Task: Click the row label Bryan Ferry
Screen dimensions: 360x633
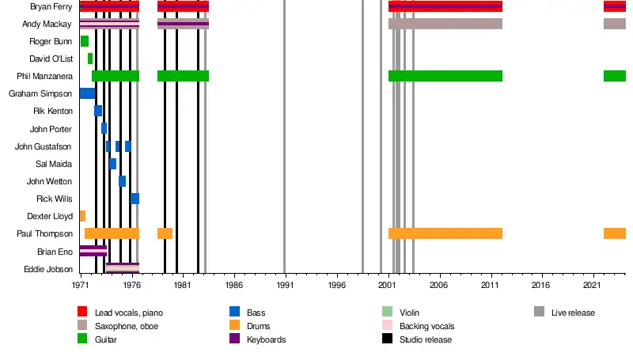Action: point(51,7)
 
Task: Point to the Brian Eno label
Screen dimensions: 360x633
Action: point(55,251)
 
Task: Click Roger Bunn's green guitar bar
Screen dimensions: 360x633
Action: point(85,41)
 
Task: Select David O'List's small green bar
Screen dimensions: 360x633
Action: point(90,59)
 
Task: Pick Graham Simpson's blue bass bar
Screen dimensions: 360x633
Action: point(88,93)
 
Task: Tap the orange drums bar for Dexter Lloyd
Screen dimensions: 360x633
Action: point(82,216)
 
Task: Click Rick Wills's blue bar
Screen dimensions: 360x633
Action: point(135,199)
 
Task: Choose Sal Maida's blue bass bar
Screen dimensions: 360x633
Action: point(113,164)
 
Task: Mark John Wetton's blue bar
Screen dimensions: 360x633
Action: point(123,181)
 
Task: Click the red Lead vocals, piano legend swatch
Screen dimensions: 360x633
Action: point(81,313)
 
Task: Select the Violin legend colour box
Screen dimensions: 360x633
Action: point(387,313)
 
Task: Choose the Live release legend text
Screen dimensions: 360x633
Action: point(573,313)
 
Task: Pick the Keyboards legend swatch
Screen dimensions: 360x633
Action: point(234,339)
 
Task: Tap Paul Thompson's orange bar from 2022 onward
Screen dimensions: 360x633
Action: point(615,233)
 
